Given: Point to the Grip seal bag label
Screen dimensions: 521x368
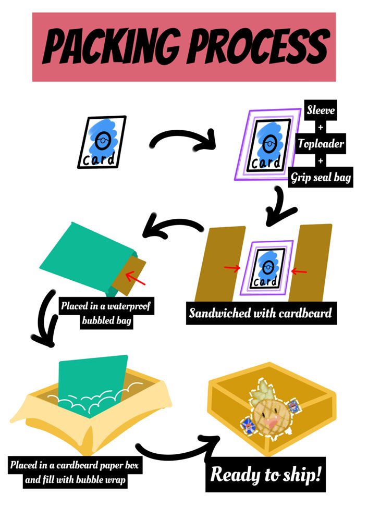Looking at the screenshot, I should tap(321, 177).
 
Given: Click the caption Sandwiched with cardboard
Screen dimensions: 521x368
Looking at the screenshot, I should tap(260, 314).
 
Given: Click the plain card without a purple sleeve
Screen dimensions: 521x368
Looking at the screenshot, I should tap(103, 142).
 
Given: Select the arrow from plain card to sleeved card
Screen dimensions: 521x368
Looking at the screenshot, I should tap(182, 141).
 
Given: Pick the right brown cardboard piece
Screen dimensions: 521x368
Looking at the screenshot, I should tap(313, 260).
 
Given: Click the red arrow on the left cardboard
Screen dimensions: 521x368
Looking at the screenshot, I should tap(232, 268).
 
